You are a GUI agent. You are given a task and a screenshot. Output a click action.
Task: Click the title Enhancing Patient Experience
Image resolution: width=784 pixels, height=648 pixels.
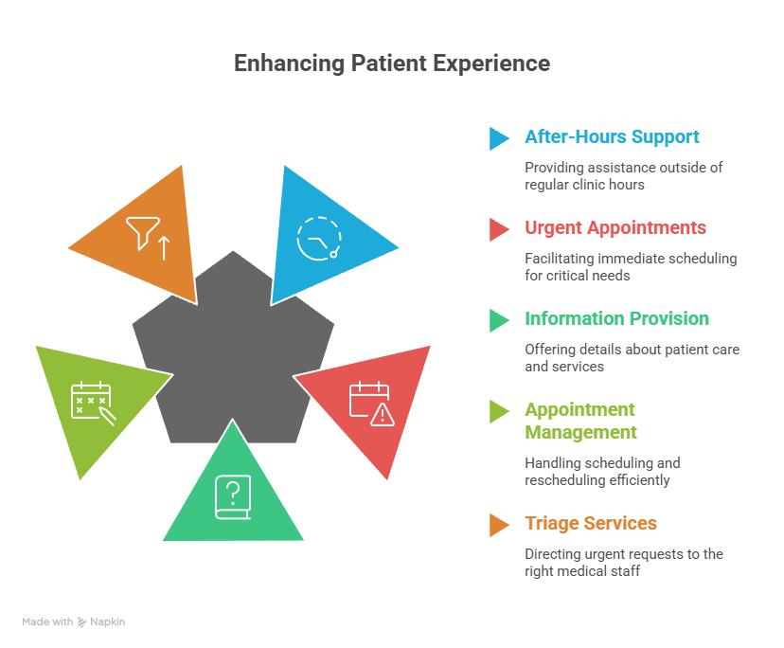coord(391,63)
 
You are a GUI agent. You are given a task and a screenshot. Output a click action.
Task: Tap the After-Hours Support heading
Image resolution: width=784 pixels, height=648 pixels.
coord(612,136)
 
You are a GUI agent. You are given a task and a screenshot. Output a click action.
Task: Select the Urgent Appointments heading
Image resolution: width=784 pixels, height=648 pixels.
coord(615,228)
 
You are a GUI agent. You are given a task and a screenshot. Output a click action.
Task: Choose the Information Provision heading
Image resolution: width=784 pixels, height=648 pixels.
coord(616,319)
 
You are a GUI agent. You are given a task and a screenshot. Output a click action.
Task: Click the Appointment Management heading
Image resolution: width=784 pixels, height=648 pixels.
coord(580,421)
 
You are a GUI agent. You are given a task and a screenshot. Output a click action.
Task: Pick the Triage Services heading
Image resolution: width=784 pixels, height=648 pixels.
coord(591,524)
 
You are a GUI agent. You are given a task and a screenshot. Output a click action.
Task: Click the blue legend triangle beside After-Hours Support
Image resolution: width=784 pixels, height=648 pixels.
coord(498,138)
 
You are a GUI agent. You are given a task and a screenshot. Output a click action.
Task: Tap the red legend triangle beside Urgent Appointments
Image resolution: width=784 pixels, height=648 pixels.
coord(498,229)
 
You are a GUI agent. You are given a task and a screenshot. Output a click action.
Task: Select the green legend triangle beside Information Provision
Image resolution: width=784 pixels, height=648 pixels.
coord(498,320)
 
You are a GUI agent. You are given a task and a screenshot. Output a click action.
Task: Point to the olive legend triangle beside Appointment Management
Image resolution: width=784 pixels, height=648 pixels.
coord(498,411)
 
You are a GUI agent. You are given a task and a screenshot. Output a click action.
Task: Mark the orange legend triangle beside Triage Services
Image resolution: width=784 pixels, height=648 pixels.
coord(498,525)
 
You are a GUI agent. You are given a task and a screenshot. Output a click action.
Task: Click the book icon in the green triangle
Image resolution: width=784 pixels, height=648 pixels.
coord(233,497)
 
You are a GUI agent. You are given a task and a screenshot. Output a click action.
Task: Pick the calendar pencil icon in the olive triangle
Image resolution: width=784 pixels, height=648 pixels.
coord(93,402)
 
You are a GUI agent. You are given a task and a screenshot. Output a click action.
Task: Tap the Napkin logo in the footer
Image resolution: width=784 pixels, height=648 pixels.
coord(100,622)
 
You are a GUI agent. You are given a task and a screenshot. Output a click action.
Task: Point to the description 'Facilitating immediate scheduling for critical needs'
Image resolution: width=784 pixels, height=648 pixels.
coord(631,266)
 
